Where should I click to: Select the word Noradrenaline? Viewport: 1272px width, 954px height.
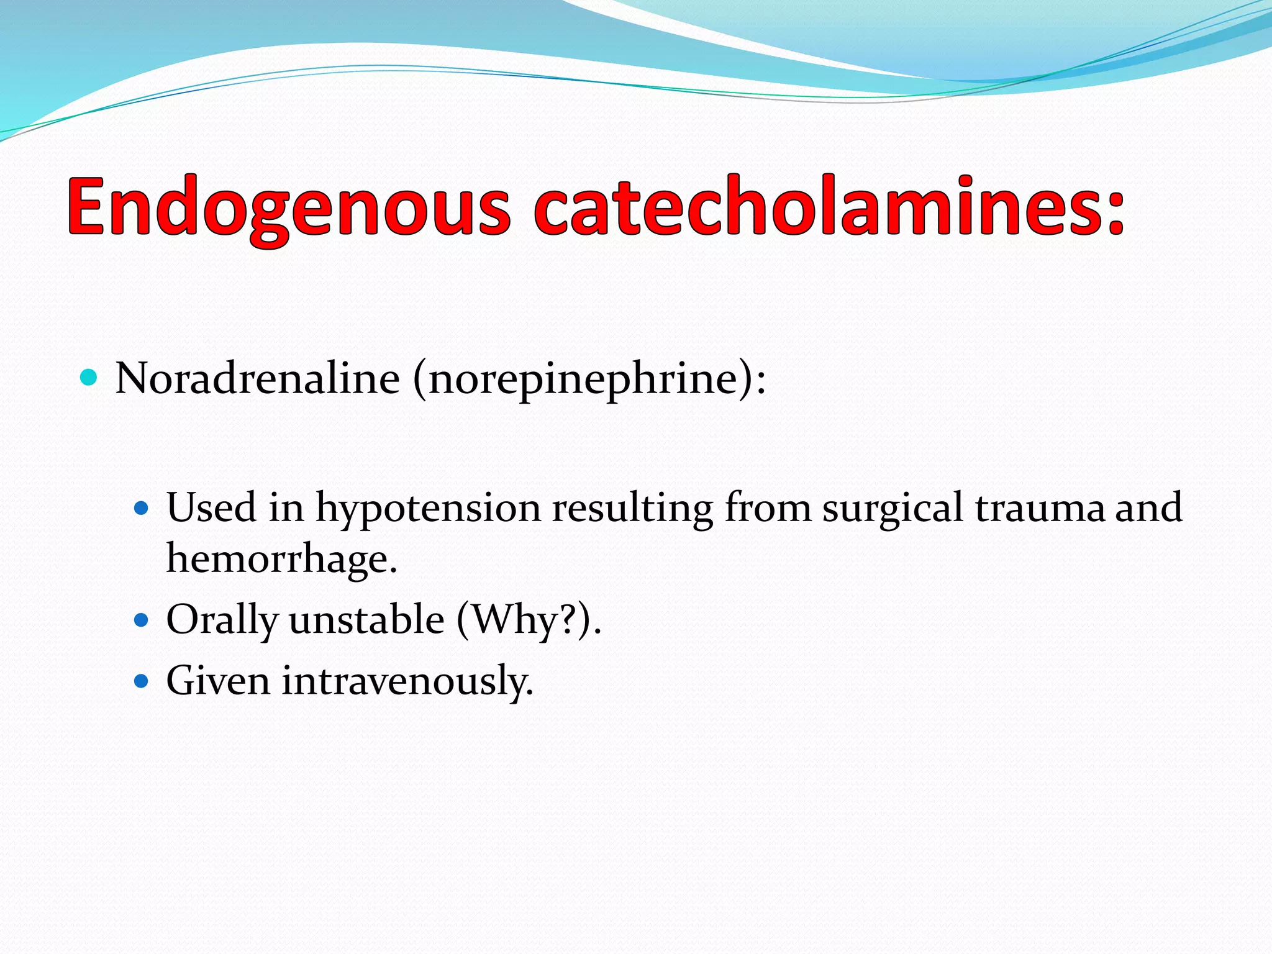257,378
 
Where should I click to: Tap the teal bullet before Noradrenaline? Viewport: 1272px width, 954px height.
89,377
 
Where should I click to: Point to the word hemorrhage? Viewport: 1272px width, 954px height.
281,558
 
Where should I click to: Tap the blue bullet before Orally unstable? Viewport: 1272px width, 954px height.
142,620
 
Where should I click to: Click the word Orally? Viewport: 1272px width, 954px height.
222,620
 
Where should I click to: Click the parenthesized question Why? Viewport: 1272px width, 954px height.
524,620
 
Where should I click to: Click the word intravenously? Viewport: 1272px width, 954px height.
407,681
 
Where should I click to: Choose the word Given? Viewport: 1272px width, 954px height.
218,680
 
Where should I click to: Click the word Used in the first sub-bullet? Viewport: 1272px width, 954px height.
211,508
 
